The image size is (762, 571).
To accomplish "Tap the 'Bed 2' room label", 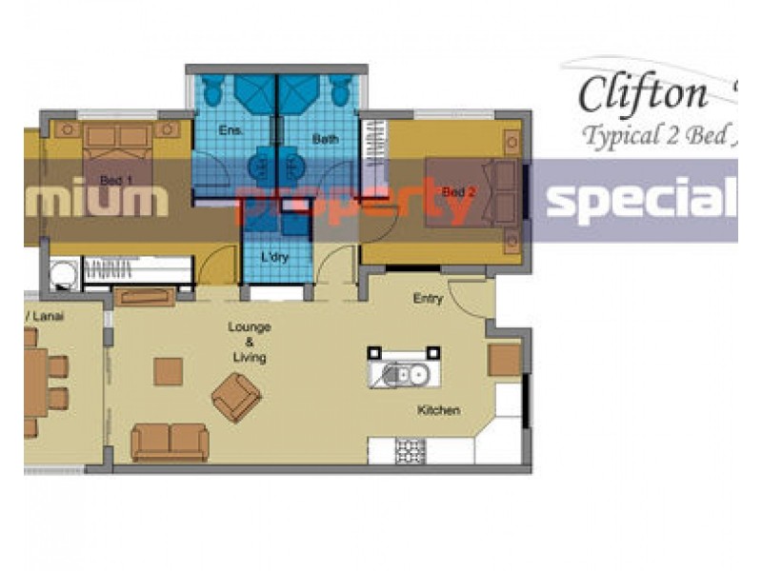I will point(458,192).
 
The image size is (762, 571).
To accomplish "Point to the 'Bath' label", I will point(326,140).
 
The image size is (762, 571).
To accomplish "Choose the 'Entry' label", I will point(428,298).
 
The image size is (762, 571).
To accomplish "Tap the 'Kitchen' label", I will point(438,411).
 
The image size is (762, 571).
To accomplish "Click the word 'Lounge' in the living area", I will point(249,327).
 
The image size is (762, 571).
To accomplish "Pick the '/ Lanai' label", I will point(44,316).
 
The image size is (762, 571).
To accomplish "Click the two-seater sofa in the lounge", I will point(170,442).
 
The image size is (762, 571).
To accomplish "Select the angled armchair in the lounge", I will point(236,396).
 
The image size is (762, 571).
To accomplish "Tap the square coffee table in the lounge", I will point(168,371).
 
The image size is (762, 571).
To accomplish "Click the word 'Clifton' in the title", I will point(644,93).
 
